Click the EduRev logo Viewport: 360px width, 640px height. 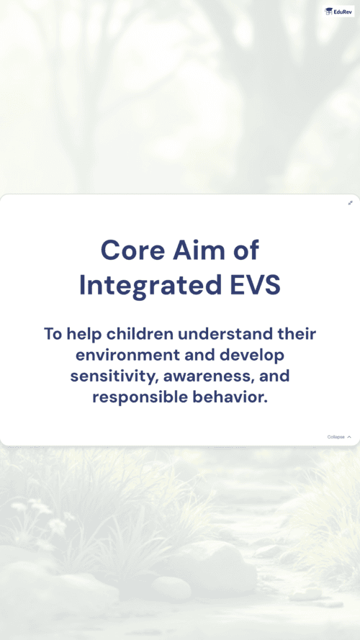[339, 11]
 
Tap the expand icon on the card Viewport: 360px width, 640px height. [350, 203]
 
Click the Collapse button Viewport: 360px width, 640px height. [339, 437]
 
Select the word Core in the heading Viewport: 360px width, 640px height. [134, 251]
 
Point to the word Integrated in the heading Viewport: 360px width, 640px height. [150, 285]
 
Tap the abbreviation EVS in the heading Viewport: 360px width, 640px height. [255, 285]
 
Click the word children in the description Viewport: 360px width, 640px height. [140, 334]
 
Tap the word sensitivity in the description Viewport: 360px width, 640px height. [114, 377]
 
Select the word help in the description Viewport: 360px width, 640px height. [84, 334]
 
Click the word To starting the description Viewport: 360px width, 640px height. [53, 334]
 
